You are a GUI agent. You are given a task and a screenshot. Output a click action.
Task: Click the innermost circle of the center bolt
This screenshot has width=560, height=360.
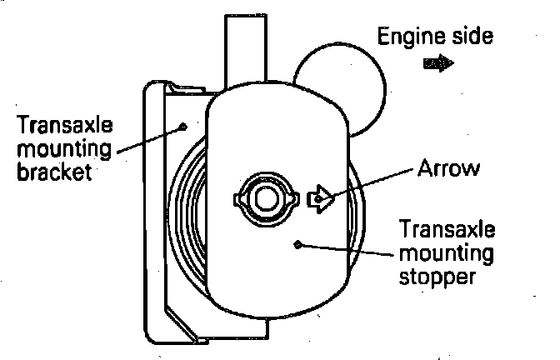click(266, 198)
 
